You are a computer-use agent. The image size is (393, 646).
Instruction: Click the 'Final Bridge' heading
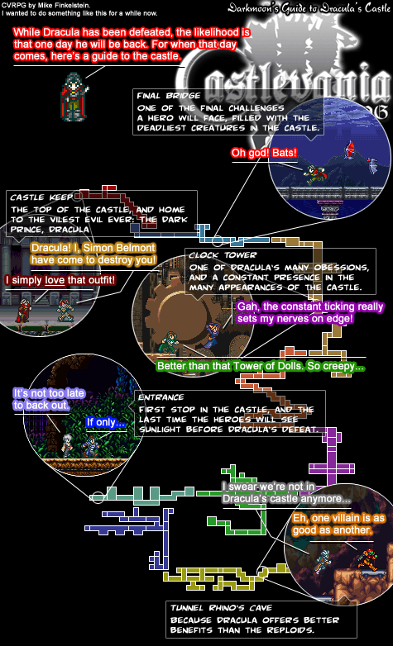[169, 96]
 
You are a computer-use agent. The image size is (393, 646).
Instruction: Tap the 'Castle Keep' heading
[41, 197]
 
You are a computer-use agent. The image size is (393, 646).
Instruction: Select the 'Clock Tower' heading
[223, 255]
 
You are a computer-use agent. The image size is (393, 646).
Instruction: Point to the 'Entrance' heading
[161, 397]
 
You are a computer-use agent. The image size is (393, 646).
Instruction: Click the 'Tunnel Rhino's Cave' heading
[222, 608]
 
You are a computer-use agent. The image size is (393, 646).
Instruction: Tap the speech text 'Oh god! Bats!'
[264, 154]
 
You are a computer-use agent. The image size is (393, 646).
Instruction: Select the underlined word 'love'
[55, 281]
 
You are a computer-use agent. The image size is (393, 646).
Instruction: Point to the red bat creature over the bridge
[352, 151]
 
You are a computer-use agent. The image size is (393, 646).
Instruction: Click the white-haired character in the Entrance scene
[67, 444]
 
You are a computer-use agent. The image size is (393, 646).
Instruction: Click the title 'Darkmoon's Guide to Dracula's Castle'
[309, 7]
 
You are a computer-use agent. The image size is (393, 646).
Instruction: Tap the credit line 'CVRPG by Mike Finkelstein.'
[46, 5]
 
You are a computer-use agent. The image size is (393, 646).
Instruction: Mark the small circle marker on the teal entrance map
[98, 497]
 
